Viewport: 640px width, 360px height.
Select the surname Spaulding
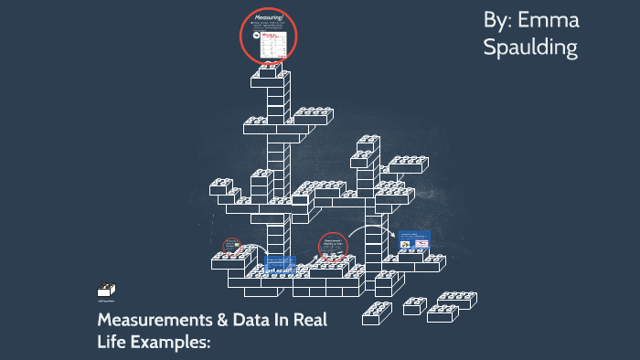click(530, 48)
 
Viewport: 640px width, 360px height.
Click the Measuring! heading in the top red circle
click(269, 17)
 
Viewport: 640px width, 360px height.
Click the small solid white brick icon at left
click(105, 291)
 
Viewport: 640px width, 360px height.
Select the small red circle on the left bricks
click(232, 247)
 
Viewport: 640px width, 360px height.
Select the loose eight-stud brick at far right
click(455, 300)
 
